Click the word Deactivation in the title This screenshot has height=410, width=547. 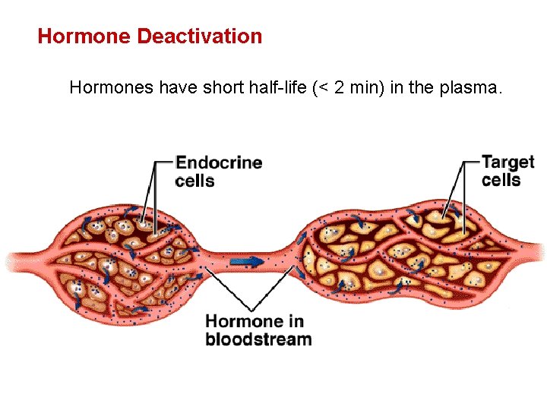click(x=200, y=36)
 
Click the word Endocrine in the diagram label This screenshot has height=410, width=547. click(x=219, y=162)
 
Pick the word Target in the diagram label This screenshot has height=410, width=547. click(x=508, y=162)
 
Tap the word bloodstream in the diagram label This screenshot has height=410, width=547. click(x=258, y=339)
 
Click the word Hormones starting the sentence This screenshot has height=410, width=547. click(x=111, y=87)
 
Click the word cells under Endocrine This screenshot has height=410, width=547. click(x=194, y=181)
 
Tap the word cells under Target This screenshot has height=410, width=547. click(x=501, y=180)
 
